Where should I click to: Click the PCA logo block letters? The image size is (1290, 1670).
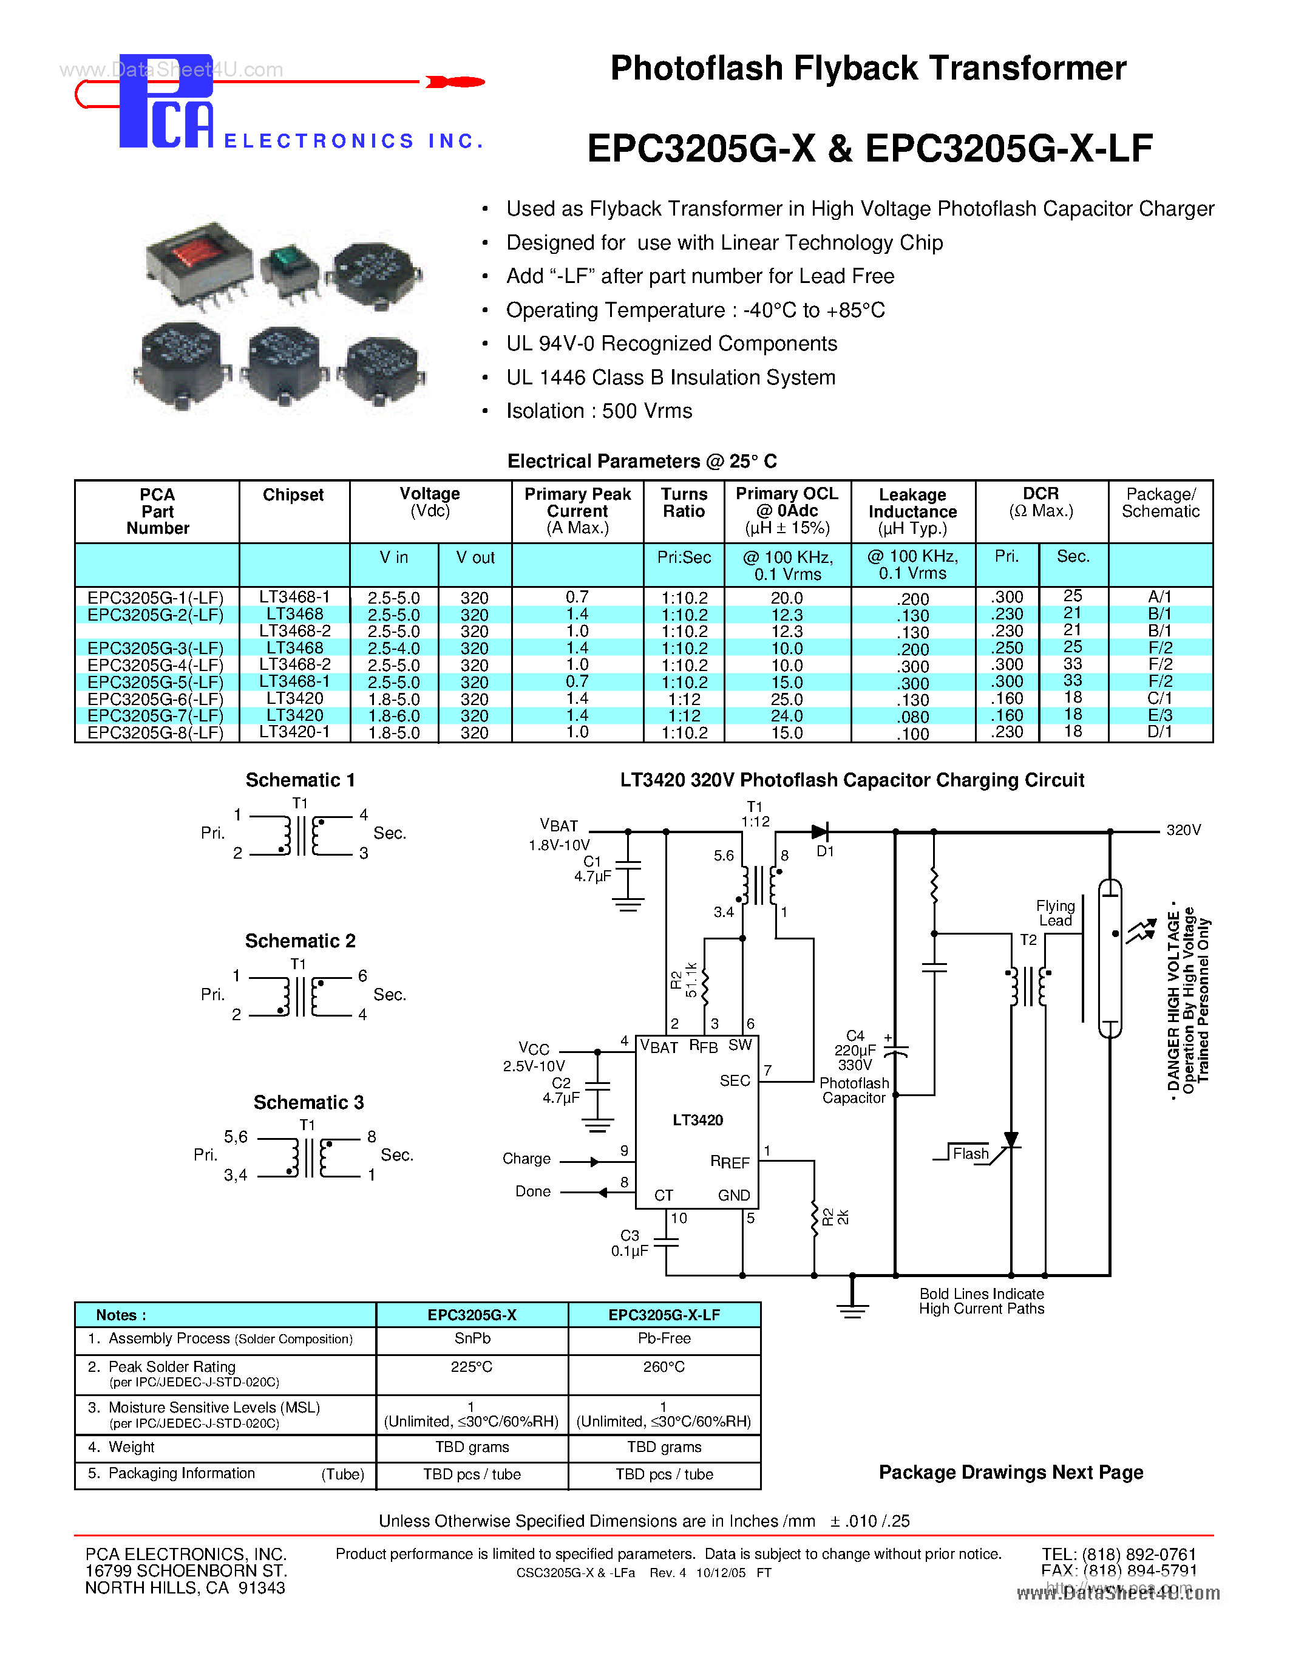[x=166, y=103]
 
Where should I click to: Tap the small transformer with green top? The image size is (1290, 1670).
[x=289, y=266]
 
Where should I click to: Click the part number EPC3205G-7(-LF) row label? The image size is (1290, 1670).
[x=155, y=716]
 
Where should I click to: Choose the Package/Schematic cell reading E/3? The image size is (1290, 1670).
[x=1159, y=716]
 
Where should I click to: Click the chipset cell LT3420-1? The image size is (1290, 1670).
[x=294, y=732]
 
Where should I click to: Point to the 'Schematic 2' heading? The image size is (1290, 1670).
[x=299, y=941]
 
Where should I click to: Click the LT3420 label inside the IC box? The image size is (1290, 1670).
[x=697, y=1120]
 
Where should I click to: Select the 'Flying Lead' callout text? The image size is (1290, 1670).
[x=1056, y=913]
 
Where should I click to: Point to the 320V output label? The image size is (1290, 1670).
[x=1183, y=830]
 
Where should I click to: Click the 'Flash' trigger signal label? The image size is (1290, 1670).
[x=971, y=1154]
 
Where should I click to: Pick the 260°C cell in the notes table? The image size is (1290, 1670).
[x=664, y=1366]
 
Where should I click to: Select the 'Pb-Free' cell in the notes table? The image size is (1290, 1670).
[x=664, y=1338]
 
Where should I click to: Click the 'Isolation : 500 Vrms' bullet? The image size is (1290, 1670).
[x=599, y=411]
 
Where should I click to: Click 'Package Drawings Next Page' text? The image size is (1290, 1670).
[x=1010, y=1473]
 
